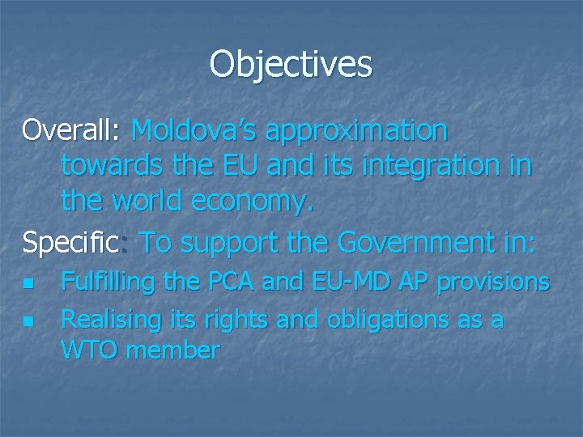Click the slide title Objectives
pyautogui.click(x=291, y=64)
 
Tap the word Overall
pyautogui.click(x=70, y=129)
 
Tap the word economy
pyautogui.click(x=252, y=202)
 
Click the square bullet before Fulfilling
pyautogui.click(x=28, y=284)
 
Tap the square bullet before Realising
pyautogui.click(x=28, y=321)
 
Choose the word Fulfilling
pyautogui.click(x=108, y=283)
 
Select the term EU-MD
pyautogui.click(x=355, y=282)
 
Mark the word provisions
pyautogui.click(x=493, y=283)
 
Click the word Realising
pyautogui.click(x=111, y=320)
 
